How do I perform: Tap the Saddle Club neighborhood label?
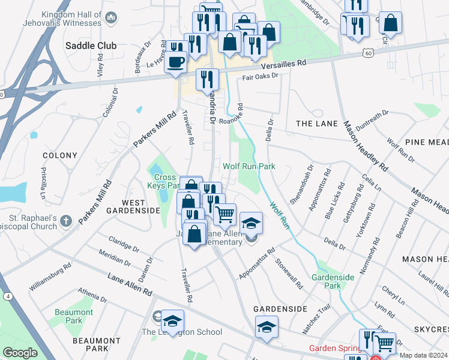[91, 46]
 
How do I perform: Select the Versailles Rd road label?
[283, 62]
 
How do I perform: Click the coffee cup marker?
[175, 61]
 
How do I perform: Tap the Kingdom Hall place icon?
[110, 18]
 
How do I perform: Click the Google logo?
[20, 353]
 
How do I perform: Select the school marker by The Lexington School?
[172, 321]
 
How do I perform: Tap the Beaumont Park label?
[74, 316]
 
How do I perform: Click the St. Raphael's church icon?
[66, 221]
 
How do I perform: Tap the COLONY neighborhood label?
[60, 155]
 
